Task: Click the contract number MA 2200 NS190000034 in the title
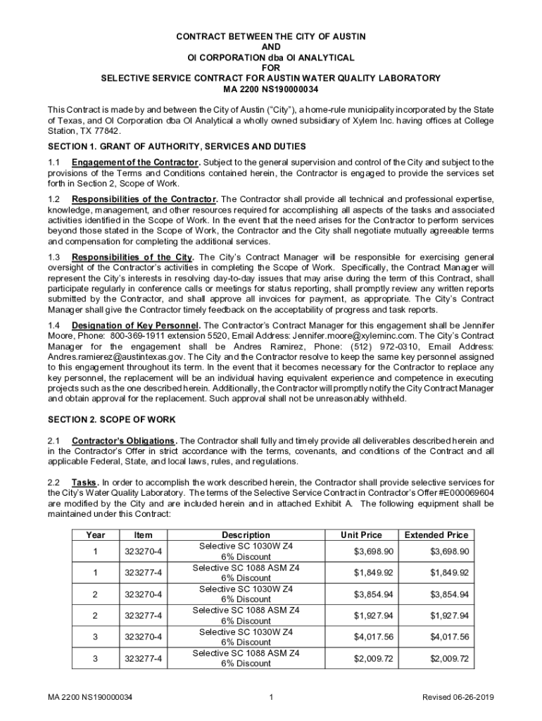[270, 89]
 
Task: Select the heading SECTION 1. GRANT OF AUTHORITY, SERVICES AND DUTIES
[177, 146]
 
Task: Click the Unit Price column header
[361, 535]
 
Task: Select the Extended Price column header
[436, 535]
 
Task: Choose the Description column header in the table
[246, 535]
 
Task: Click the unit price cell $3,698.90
[374, 551]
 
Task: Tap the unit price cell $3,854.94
[374, 594]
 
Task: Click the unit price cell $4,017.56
[374, 637]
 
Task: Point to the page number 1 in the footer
[271, 698]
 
